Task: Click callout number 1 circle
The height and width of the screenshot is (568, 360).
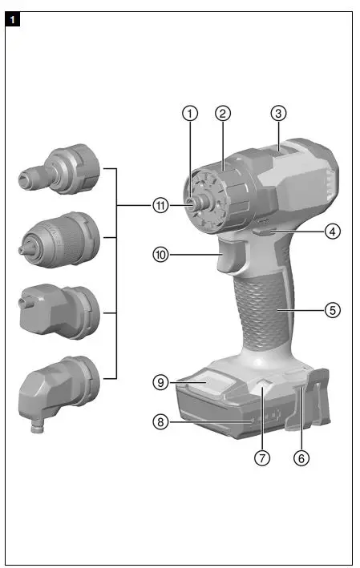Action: coord(189,114)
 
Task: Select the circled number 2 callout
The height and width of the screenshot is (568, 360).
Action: coord(223,114)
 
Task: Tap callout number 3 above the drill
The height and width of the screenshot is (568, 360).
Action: coord(277,114)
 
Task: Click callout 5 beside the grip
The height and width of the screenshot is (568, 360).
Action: coord(333,308)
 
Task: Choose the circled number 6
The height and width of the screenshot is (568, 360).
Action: coord(301,459)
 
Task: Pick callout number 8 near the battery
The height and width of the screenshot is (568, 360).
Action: coord(161,421)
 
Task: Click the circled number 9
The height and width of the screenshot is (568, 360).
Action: coord(161,382)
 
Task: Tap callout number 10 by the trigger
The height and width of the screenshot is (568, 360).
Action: coord(161,255)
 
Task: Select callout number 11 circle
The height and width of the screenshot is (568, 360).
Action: coord(161,205)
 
